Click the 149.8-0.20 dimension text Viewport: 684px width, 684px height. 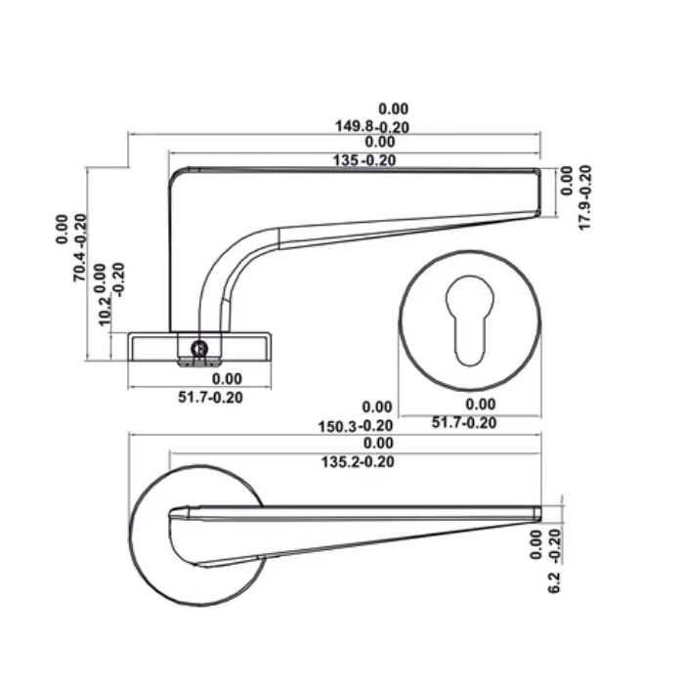pyautogui.click(x=372, y=127)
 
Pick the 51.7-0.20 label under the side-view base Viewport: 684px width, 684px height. pyautogui.click(x=210, y=397)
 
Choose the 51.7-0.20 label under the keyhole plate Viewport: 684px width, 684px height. pyautogui.click(x=464, y=422)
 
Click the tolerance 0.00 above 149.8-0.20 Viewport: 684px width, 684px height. pyautogui.click(x=393, y=109)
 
